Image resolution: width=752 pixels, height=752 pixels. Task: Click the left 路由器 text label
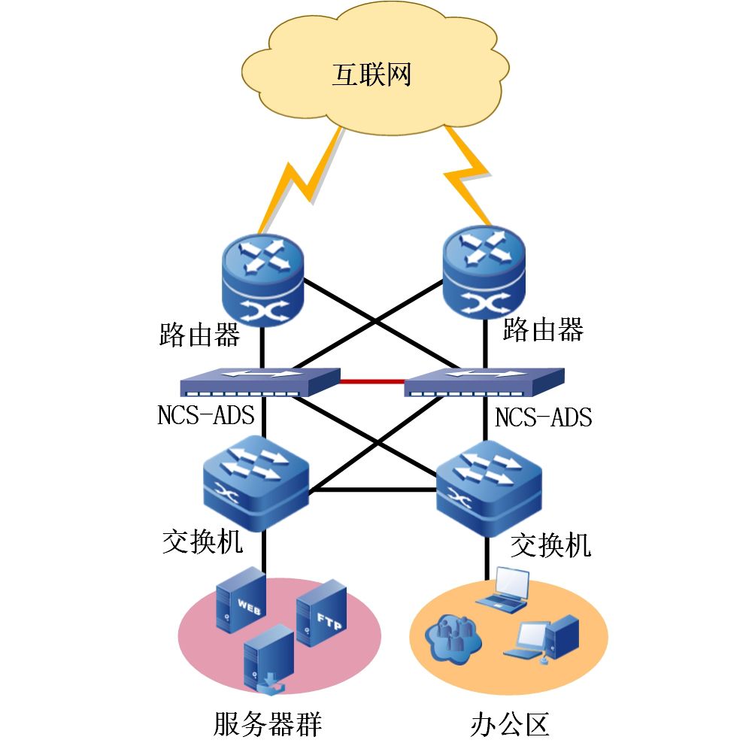coord(199,334)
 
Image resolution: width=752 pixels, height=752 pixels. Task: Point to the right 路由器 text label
coord(543,329)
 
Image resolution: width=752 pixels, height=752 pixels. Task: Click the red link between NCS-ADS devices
coord(372,381)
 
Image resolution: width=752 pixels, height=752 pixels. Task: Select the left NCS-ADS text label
coord(205,415)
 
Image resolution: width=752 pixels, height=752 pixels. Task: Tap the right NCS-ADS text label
coord(543,417)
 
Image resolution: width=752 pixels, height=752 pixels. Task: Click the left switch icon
coord(256,484)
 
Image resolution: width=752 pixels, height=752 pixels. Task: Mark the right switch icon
coord(489,490)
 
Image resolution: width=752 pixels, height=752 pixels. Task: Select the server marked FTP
coord(321,613)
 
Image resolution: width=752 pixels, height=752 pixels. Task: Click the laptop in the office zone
coord(504,589)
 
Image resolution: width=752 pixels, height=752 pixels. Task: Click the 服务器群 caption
coord(268,725)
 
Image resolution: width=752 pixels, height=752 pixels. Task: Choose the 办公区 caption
coord(510,724)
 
